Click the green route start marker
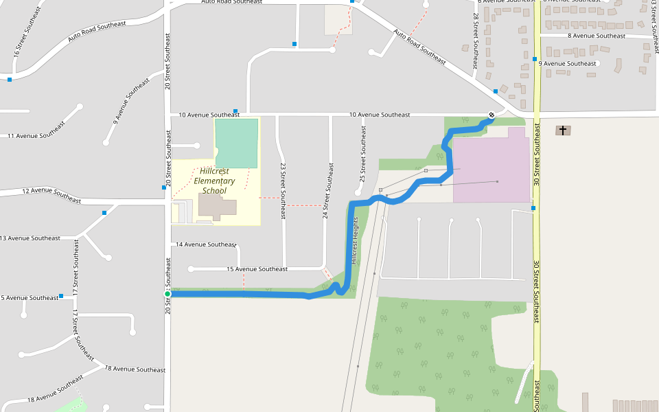167,294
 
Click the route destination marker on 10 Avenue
492,115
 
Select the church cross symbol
563,130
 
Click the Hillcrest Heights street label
355,240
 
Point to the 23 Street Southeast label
282,190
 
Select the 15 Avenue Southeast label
257,269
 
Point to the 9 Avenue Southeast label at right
568,63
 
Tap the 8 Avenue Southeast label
597,36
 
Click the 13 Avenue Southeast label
30,238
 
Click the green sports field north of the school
236,143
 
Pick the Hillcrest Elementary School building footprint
217,206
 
